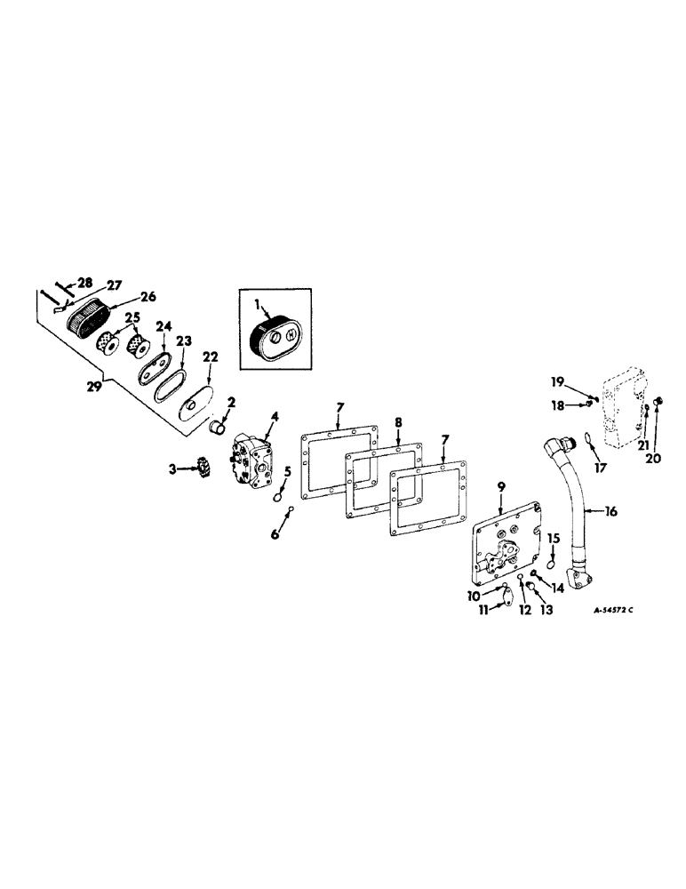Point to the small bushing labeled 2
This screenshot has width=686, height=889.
[219, 429]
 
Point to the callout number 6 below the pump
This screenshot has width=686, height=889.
[275, 536]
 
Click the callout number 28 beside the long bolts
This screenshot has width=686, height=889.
[84, 283]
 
